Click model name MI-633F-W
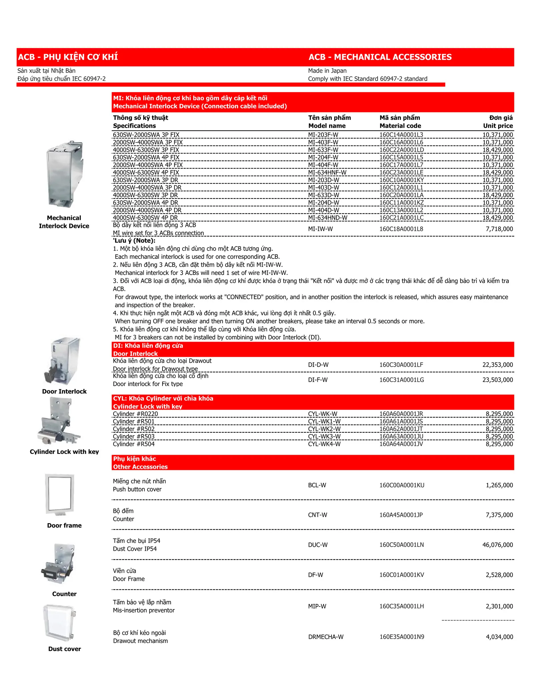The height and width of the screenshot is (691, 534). click(323, 150)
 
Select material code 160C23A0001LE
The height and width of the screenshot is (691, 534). click(401, 172)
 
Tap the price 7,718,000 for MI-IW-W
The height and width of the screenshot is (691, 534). click(497, 229)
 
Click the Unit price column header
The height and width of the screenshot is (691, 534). click(498, 126)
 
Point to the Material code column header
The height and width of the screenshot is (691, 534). click(400, 126)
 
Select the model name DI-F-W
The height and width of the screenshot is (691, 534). click(317, 380)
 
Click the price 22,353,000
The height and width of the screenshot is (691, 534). click(497, 365)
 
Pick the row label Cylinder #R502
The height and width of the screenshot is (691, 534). click(133, 429)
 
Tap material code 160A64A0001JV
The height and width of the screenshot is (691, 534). click(401, 444)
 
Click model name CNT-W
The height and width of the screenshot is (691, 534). click(317, 515)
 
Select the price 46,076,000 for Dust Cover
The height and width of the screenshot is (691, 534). click(497, 545)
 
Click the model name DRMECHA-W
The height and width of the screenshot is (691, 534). click(325, 637)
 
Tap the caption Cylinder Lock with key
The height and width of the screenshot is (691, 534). click(64, 452)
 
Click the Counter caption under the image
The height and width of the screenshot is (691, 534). click(64, 594)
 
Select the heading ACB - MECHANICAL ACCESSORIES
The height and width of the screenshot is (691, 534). click(380, 57)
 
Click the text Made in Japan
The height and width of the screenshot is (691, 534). click(327, 71)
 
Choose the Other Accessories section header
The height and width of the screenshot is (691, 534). click(140, 467)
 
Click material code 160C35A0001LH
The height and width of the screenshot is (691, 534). click(402, 606)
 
